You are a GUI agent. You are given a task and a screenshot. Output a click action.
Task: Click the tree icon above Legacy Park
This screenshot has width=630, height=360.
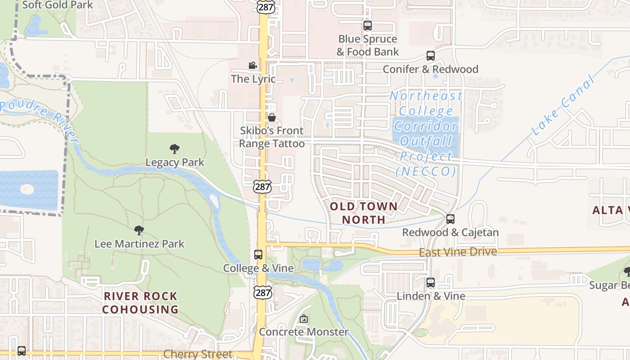175,149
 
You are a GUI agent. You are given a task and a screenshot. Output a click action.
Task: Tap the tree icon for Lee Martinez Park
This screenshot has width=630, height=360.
139,230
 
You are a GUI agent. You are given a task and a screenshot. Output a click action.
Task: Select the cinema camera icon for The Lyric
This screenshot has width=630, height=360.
253,66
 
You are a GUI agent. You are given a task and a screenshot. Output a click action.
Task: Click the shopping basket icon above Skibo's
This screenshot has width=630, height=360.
272,117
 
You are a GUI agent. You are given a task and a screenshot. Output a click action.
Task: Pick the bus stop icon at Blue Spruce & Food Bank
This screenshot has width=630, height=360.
368,26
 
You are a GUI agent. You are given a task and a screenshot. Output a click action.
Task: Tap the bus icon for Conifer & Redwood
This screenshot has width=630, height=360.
431,56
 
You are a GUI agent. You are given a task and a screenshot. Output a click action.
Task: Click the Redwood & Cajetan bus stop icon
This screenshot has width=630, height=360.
450,219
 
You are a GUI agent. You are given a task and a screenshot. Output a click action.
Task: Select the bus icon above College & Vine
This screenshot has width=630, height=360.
258,255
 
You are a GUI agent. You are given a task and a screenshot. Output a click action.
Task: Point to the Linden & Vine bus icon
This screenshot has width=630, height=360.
431,283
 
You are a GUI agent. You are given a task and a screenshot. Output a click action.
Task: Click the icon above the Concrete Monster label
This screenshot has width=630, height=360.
304,319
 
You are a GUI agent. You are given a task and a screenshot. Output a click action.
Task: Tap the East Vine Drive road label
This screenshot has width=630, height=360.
458,252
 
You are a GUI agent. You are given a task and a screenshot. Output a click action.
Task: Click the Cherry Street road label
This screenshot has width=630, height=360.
198,354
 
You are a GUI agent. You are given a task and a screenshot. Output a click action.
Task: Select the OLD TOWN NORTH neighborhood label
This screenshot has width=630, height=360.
364,213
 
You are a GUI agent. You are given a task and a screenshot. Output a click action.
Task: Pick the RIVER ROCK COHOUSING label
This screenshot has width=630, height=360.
140,303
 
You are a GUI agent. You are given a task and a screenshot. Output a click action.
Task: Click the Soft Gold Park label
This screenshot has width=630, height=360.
57,5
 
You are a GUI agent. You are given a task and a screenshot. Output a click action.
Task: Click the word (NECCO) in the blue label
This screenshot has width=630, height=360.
425,171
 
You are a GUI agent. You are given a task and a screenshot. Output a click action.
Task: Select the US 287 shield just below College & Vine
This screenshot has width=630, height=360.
262,292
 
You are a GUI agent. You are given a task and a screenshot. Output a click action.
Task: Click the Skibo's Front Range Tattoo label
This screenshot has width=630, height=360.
272,137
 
